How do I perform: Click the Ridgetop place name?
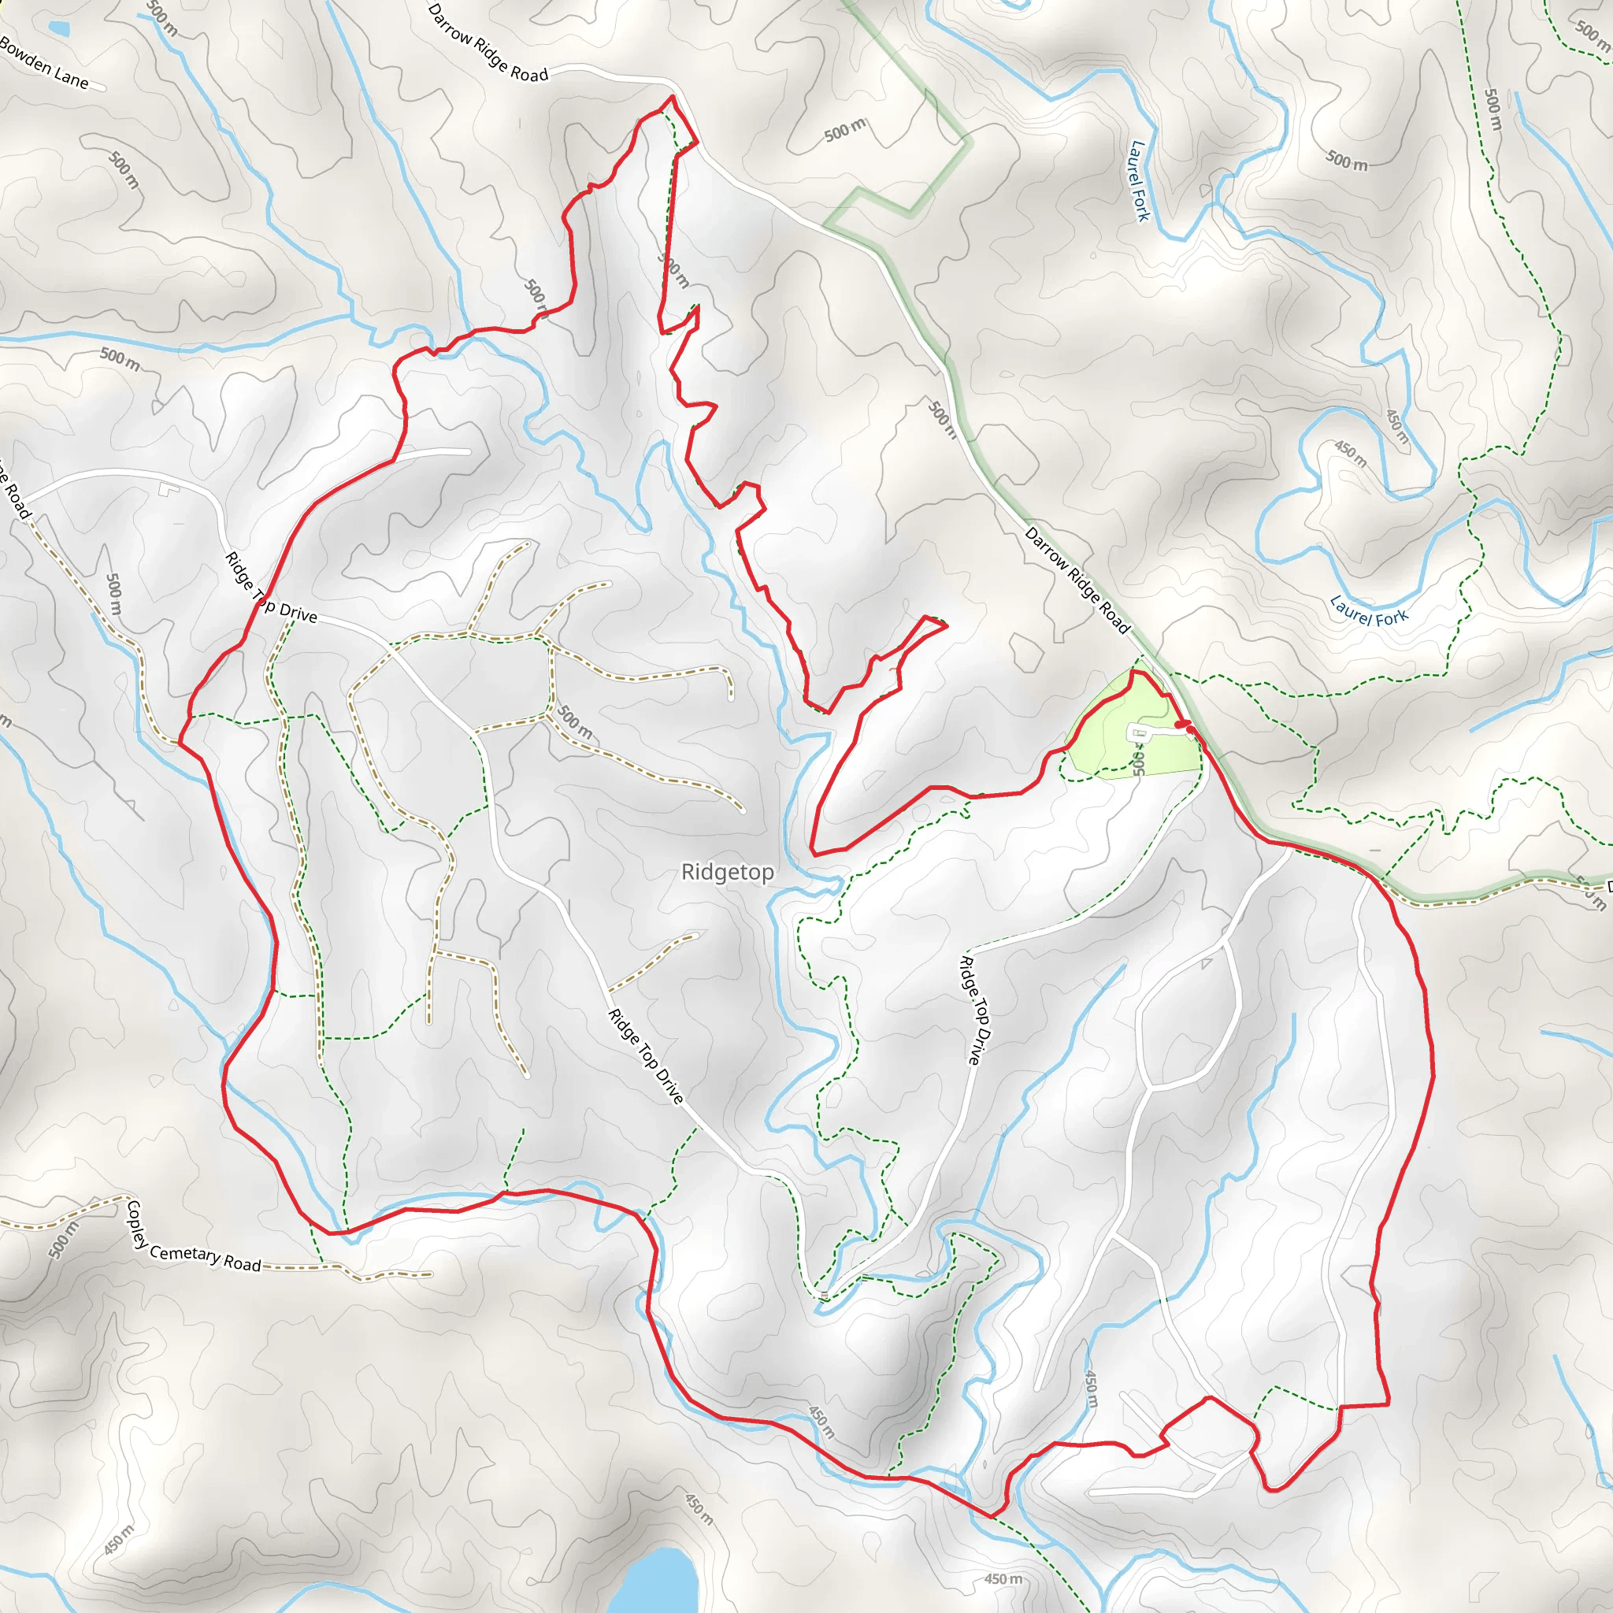(727, 873)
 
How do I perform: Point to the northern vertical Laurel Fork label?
(1139, 180)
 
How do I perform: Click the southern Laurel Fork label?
(1369, 610)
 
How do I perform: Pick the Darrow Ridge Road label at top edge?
(488, 43)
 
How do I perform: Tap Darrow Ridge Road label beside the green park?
(1077, 580)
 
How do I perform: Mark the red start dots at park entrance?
(1185, 726)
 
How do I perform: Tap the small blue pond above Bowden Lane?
(58, 28)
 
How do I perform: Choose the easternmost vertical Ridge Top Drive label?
(973, 1010)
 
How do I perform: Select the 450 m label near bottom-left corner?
(119, 1540)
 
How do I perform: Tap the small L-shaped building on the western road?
(169, 488)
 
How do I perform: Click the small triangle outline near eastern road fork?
(1207, 963)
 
